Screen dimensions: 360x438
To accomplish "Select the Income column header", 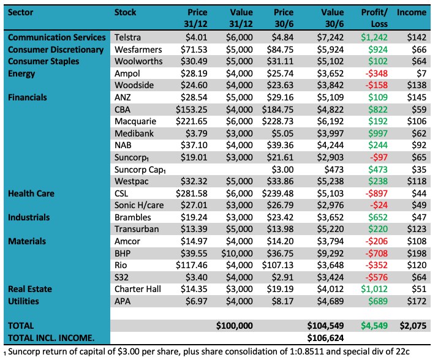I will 412,12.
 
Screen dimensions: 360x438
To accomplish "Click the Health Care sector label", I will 31,193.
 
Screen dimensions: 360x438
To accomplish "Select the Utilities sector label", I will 24,301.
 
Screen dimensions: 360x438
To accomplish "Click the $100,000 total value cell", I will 234,326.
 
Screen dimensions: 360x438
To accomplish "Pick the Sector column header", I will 21,12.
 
